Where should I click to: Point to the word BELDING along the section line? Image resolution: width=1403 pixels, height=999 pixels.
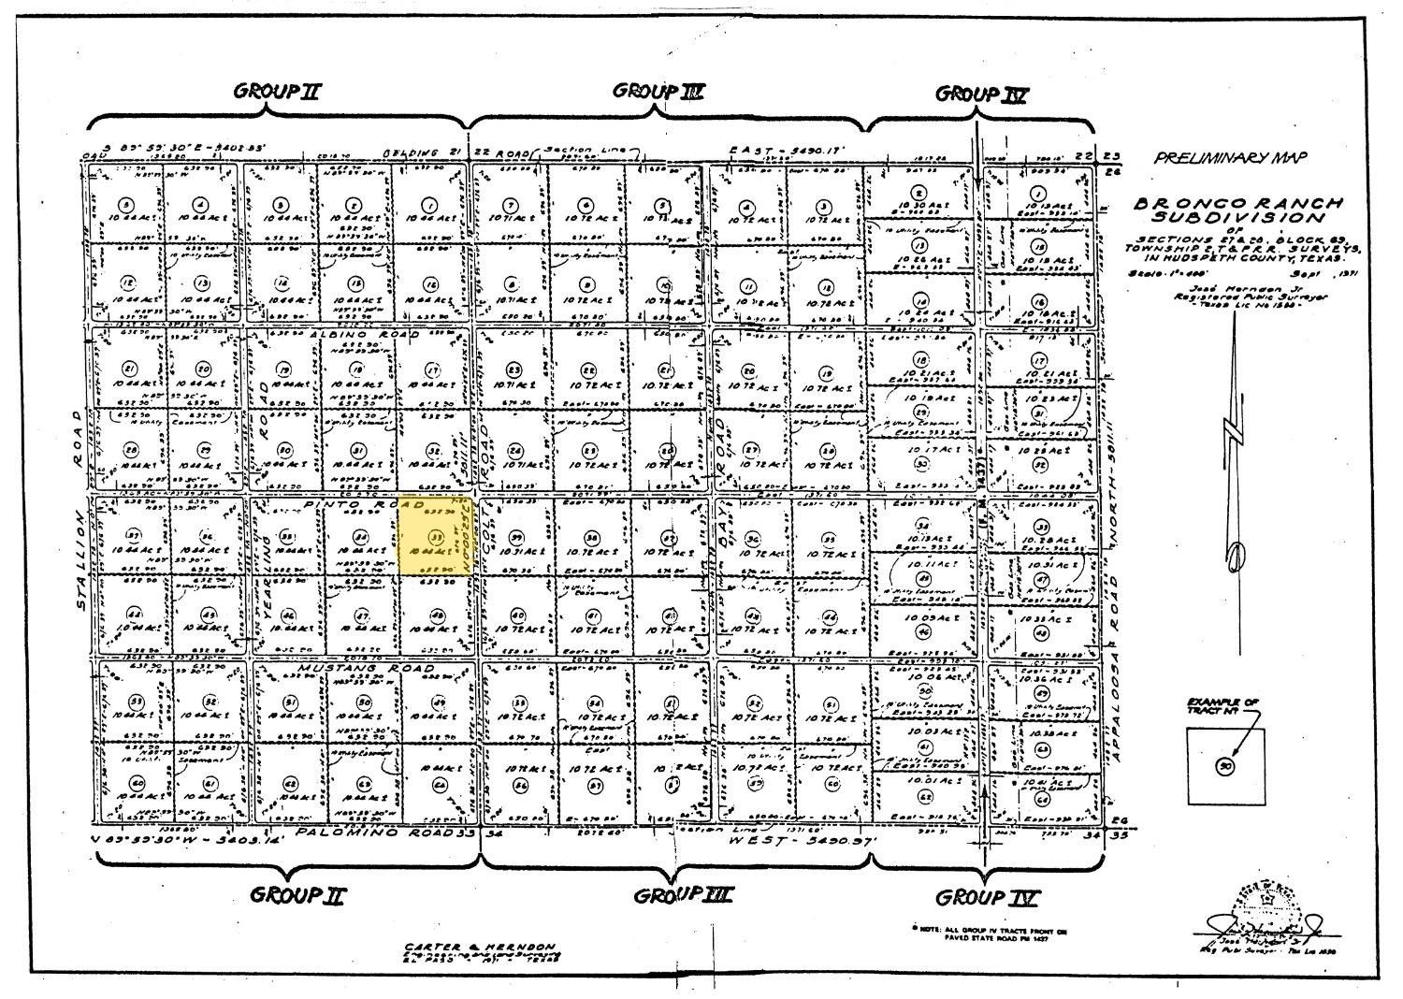(411, 152)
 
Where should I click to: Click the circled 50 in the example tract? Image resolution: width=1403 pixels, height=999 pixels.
(1223, 767)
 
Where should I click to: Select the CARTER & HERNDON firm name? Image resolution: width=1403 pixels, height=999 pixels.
(481, 946)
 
